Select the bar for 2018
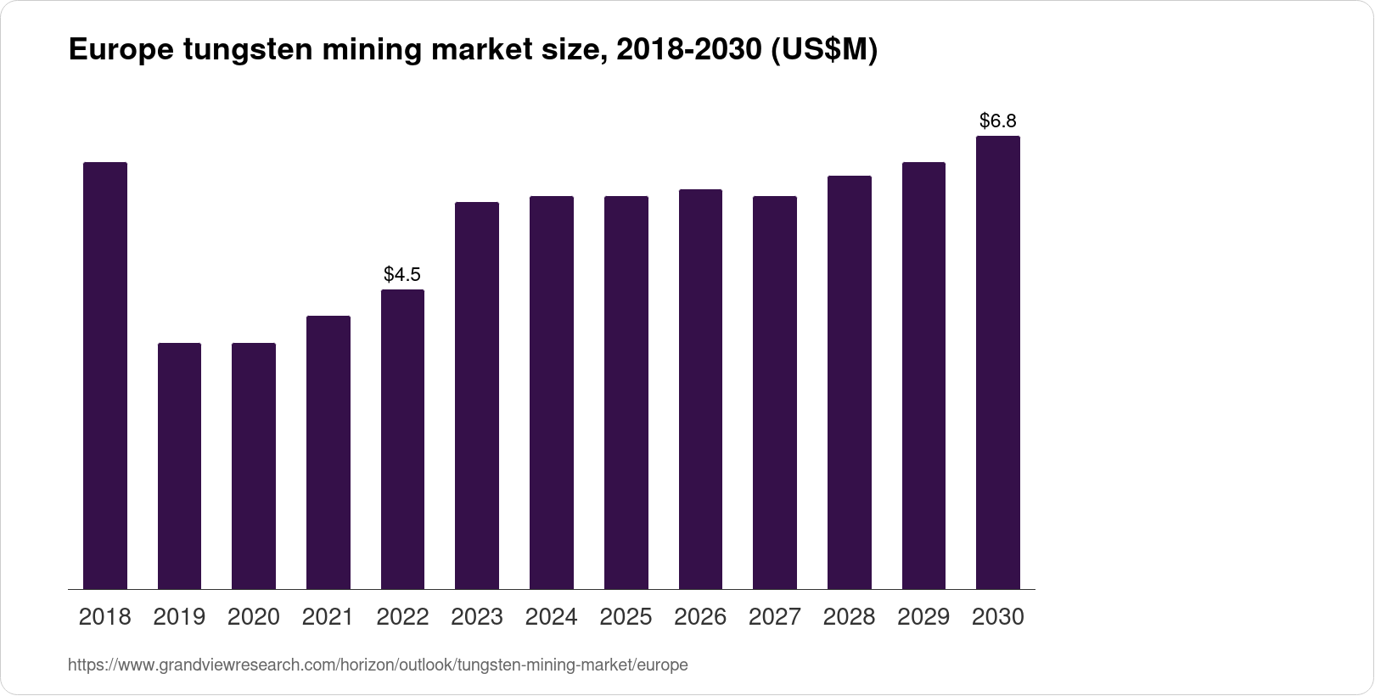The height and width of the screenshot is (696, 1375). coord(105,375)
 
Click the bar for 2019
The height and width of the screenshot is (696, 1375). coord(179,466)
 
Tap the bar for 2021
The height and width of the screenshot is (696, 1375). coord(328,452)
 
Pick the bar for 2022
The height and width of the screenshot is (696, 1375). coord(402,439)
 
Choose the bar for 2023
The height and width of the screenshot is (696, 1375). coord(477,396)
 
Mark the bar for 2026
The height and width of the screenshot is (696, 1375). coord(700,389)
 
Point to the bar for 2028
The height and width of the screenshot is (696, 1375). coord(849,382)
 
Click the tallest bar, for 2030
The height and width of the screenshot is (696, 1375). coord(998,362)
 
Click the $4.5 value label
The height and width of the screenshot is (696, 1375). coord(402,274)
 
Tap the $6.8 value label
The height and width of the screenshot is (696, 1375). coord(998,121)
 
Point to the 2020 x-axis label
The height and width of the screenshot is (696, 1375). coord(254,617)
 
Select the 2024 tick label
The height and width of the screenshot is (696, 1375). coord(552,617)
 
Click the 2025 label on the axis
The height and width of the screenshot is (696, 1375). coord(626,617)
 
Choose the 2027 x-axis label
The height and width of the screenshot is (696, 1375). coord(775,617)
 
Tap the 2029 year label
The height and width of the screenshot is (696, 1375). coord(923,617)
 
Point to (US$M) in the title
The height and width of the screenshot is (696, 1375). coord(823,51)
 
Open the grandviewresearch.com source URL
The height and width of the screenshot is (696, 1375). coord(378,665)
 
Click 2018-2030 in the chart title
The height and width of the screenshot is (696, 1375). coord(688,51)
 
